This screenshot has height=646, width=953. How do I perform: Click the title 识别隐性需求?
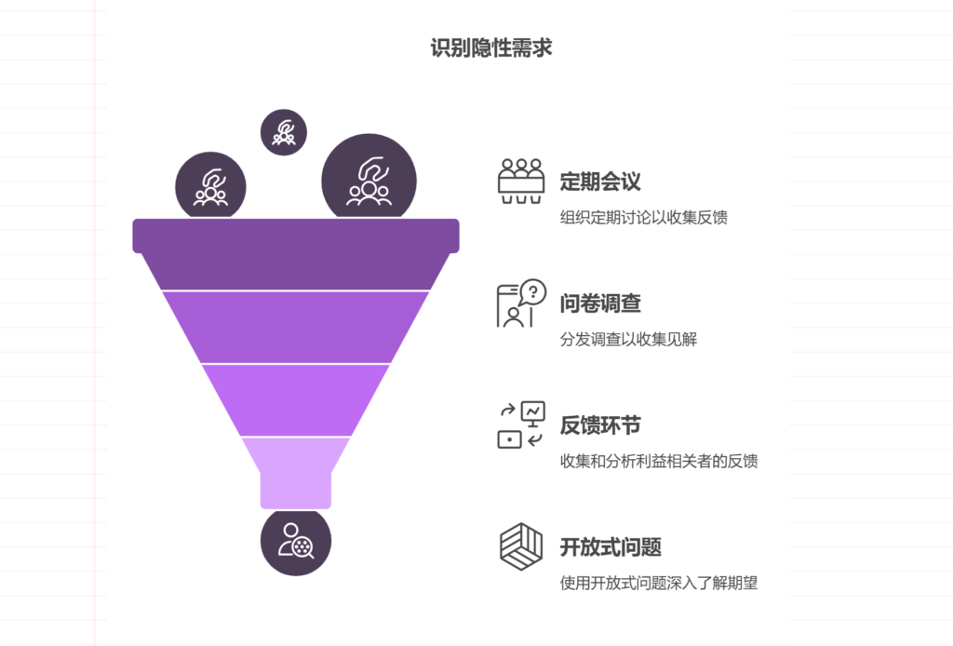click(x=491, y=47)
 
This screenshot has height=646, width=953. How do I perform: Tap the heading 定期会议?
click(x=599, y=182)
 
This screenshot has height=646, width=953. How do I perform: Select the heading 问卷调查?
click(x=599, y=303)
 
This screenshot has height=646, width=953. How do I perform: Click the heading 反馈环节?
click(x=599, y=425)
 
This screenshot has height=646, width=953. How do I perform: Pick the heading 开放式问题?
click(x=611, y=547)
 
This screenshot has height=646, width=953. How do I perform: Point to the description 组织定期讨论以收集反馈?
click(x=643, y=218)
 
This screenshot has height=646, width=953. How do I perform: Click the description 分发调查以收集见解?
click(x=628, y=340)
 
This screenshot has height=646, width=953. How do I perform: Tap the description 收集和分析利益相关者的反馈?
click(x=659, y=462)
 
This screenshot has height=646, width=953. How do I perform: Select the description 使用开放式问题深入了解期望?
click(x=659, y=584)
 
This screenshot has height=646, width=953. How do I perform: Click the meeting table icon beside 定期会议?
click(x=521, y=181)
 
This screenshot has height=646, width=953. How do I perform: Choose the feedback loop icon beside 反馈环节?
click(x=521, y=425)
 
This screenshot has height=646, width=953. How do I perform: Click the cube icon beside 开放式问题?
click(x=521, y=546)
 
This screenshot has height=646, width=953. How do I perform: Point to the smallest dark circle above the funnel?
click(x=284, y=132)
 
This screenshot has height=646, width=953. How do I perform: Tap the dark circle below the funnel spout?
click(x=296, y=541)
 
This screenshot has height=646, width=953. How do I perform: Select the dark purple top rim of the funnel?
click(x=296, y=236)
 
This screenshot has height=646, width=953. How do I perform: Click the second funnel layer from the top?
click(x=296, y=326)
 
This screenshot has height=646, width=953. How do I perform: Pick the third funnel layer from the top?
click(x=296, y=399)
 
